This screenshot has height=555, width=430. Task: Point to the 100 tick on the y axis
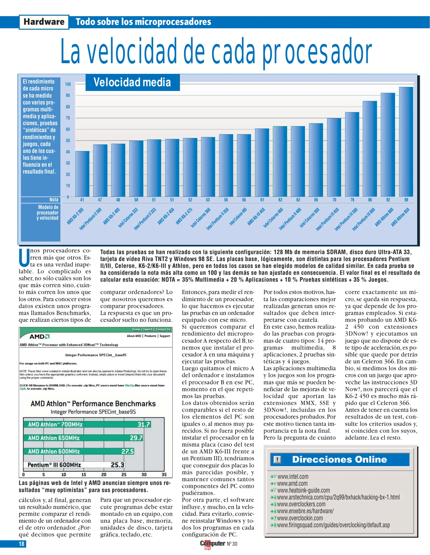[x=68, y=84]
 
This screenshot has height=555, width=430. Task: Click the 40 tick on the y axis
[x=68, y=152]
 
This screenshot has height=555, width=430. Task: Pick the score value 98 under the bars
[x=406, y=200]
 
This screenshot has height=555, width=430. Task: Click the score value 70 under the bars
[x=334, y=200]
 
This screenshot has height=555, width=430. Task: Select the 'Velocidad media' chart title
[x=132, y=82]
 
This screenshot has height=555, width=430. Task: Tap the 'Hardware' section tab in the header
[x=44, y=22]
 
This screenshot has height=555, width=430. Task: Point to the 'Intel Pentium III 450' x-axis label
[x=327, y=219]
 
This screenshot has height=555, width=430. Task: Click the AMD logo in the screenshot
[x=39, y=336]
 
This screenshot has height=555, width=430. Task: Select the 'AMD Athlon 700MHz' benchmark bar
[x=87, y=424]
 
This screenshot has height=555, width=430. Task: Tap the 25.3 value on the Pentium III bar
[x=117, y=465]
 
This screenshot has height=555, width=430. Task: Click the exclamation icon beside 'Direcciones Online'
[x=277, y=459]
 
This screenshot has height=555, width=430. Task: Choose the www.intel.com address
[x=293, y=477]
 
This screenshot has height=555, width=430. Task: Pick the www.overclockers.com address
[x=301, y=504]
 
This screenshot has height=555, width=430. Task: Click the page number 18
[x=21, y=544]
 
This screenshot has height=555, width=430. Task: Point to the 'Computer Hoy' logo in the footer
[x=213, y=544]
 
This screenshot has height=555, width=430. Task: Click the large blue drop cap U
[x=24, y=258]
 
